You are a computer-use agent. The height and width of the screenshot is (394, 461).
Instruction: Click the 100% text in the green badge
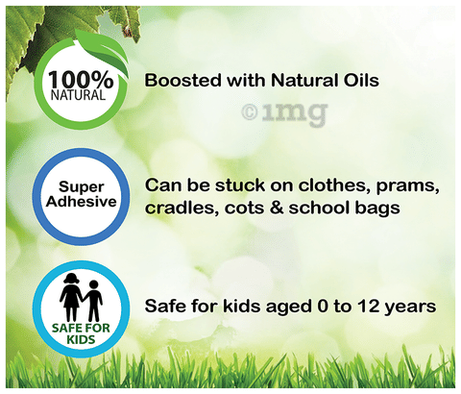click(x=81, y=80)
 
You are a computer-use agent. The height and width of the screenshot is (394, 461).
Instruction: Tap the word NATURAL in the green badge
click(x=78, y=95)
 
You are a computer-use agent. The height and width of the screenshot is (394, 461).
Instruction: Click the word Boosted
click(x=182, y=80)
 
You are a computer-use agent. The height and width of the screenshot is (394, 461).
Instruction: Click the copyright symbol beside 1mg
click(x=250, y=112)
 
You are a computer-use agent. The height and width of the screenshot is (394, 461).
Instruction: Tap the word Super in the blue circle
click(x=82, y=187)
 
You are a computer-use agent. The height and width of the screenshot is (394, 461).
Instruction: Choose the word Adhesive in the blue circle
click(x=82, y=202)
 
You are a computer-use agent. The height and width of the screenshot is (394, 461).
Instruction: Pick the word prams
click(x=407, y=186)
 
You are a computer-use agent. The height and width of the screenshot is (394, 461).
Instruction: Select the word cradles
click(x=182, y=208)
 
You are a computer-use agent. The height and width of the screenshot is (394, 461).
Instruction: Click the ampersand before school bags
click(x=277, y=209)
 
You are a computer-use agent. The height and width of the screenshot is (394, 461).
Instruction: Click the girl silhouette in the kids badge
click(x=71, y=297)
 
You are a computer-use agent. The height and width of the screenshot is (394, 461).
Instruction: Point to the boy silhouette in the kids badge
click(x=93, y=301)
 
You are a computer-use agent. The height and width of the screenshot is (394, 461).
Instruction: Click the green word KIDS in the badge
click(x=81, y=339)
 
